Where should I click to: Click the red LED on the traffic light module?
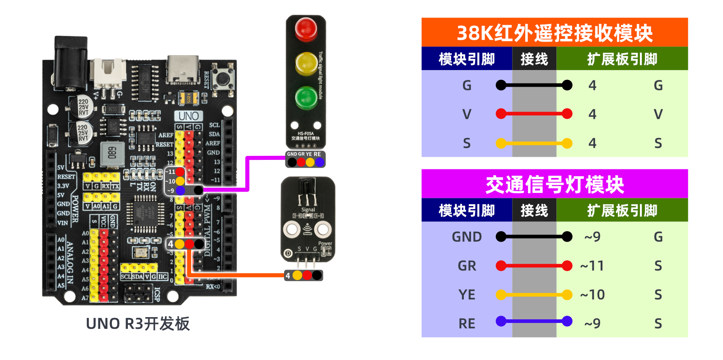(306, 28)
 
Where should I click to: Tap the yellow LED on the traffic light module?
(306, 63)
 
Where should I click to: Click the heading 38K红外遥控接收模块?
(555, 33)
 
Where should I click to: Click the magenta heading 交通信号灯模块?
(555, 184)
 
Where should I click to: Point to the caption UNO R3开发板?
(138, 324)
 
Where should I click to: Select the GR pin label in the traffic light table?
(467, 266)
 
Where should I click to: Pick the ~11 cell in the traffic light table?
(592, 266)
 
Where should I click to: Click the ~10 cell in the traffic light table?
(592, 295)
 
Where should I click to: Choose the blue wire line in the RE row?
(534, 322)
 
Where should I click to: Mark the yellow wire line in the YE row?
(534, 295)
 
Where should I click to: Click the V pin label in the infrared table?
(467, 114)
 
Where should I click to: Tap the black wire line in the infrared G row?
(534, 85)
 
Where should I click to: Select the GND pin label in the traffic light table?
(467, 237)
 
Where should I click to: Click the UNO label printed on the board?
(188, 116)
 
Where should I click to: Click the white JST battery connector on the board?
(108, 72)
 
